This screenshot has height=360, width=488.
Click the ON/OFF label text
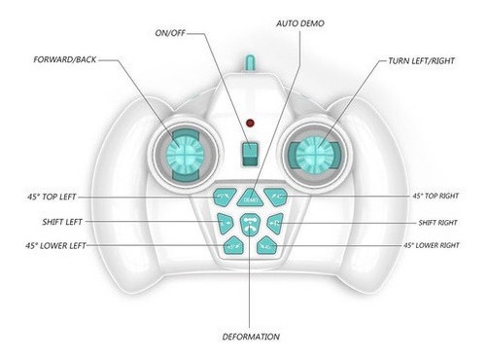coord(170,33)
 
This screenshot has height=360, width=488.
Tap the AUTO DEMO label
coord(300,23)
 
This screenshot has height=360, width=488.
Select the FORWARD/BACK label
coord(65,59)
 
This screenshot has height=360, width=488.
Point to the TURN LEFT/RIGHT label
coord(421,61)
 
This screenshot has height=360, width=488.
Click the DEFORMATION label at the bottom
coord(251,337)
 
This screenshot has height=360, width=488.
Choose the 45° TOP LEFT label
coord(52,197)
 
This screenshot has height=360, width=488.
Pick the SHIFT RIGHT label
coord(437,223)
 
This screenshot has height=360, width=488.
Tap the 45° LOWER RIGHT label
coord(432,245)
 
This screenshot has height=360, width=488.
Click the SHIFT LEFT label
coord(62,222)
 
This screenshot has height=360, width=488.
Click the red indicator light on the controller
coord(250,123)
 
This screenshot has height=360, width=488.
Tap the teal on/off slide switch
coord(250,155)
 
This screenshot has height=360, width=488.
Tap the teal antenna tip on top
coord(250,62)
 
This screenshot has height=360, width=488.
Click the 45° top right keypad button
coord(276,197)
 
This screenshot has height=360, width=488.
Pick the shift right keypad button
coord(276,223)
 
